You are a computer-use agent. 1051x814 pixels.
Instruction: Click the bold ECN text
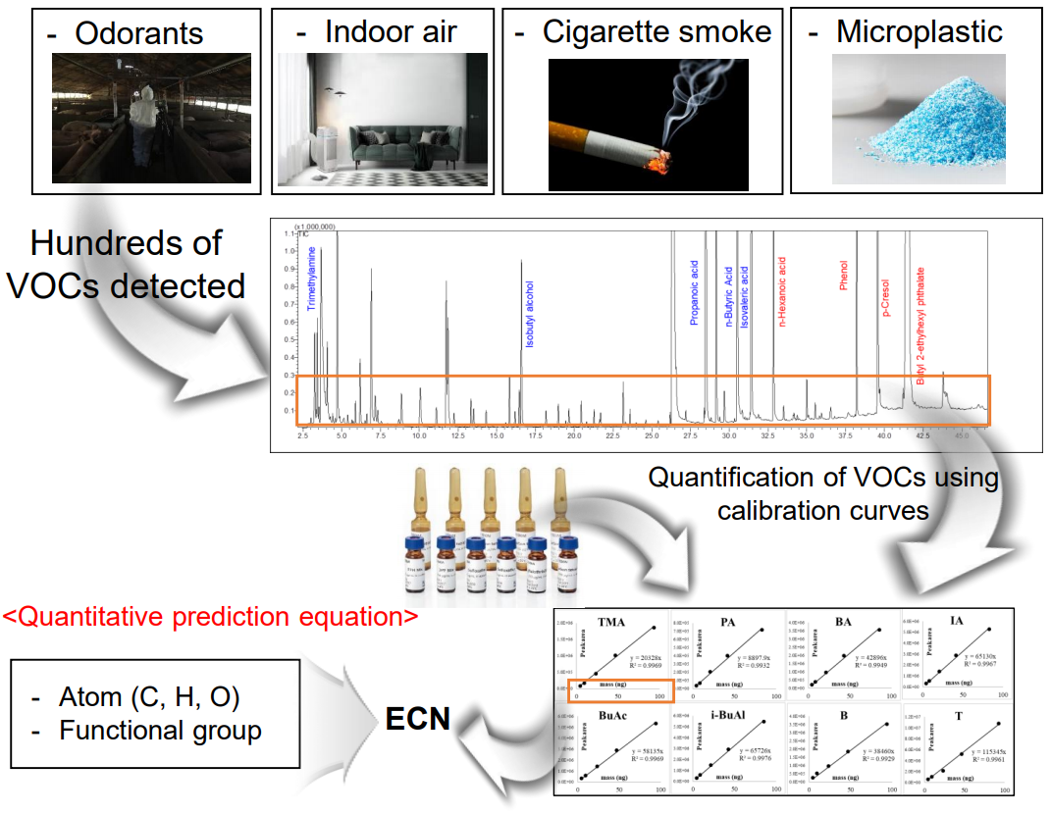[418, 719]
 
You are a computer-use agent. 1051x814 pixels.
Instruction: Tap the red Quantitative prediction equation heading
[211, 618]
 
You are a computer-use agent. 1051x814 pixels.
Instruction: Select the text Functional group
[159, 731]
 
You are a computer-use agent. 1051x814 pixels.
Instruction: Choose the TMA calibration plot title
[610, 621]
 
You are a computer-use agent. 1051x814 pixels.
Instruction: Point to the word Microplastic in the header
[919, 31]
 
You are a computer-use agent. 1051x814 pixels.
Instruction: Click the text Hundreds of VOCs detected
[126, 264]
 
